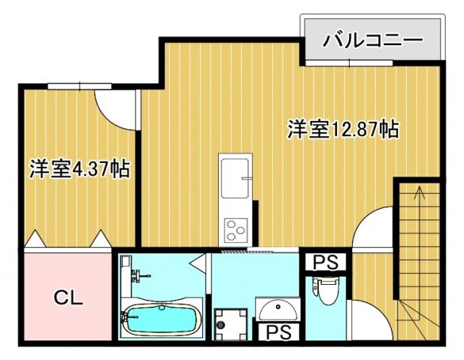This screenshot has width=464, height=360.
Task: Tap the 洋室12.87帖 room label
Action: click(x=341, y=129)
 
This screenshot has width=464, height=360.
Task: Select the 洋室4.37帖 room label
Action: click(x=79, y=168)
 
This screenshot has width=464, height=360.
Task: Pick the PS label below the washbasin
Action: click(x=278, y=331)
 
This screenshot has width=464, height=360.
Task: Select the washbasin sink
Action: click(x=276, y=308)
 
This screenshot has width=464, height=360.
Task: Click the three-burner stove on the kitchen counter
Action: click(x=235, y=225)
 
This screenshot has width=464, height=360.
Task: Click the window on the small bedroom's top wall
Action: click(x=71, y=86)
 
